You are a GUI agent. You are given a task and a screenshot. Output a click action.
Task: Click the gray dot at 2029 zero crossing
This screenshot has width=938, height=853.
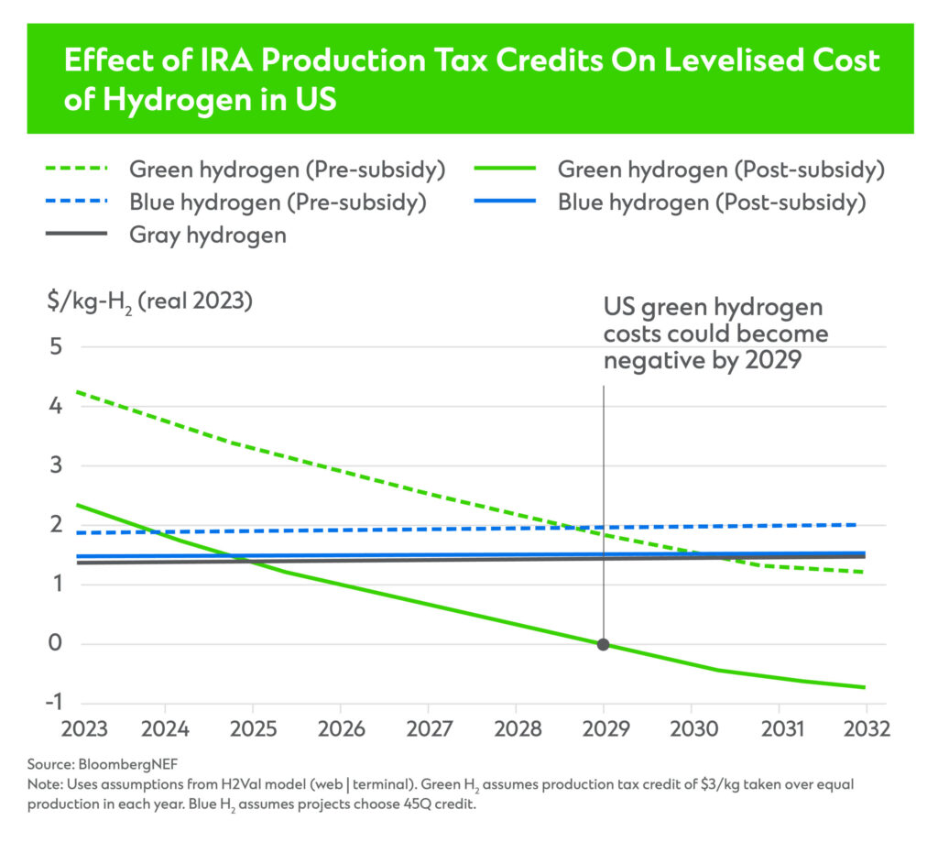coord(603,644)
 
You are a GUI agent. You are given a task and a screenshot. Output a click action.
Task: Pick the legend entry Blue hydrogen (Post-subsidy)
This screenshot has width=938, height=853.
coord(711,202)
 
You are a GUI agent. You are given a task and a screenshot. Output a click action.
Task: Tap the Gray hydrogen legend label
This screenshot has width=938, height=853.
coord(208,235)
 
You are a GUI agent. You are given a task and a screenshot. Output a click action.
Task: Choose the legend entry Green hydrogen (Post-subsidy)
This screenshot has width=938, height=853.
coord(720,170)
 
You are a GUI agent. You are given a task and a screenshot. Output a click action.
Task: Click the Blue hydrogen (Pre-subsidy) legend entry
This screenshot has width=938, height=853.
coord(278,202)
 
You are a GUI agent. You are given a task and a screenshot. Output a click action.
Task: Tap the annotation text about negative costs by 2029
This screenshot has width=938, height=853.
coord(714,334)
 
